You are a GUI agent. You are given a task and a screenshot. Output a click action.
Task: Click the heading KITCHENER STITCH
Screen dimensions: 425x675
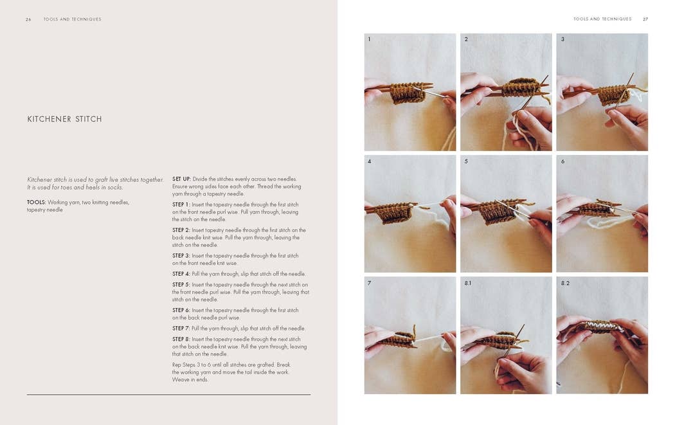[x=64, y=119]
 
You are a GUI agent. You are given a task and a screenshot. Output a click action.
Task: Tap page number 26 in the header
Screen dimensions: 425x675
[x=28, y=19]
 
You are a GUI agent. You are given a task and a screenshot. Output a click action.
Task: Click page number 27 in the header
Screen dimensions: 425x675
[x=645, y=19]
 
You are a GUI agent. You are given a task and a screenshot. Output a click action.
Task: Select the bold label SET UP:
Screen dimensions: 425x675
[x=181, y=179]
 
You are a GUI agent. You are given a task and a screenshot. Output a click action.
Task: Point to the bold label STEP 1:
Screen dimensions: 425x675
[x=181, y=204]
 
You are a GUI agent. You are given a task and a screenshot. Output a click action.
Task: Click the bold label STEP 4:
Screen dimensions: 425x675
[x=181, y=274]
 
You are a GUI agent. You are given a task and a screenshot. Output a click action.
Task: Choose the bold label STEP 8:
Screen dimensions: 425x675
[x=181, y=339]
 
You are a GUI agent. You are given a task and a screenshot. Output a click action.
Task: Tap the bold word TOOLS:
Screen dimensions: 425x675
[x=36, y=202]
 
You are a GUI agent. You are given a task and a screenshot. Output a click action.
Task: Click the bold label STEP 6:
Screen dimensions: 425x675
[x=181, y=310]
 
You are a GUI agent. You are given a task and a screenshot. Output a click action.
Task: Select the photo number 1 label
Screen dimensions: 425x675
[x=369, y=40]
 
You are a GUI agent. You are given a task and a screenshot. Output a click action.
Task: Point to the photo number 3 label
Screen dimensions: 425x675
[x=562, y=40]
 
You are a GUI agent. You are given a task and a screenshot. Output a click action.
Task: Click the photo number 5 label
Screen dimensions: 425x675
[x=466, y=161]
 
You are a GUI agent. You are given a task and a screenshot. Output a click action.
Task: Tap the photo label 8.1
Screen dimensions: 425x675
[x=468, y=283]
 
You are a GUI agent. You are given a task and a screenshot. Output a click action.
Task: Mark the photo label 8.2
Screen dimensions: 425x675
[x=565, y=283]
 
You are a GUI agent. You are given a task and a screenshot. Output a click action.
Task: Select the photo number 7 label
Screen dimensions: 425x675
[x=369, y=283]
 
